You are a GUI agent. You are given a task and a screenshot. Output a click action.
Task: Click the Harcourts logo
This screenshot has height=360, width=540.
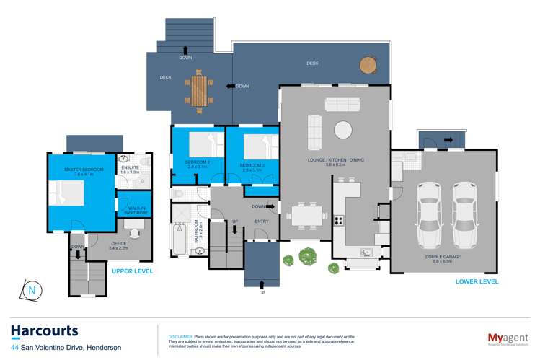pyautogui.click(x=44, y=331)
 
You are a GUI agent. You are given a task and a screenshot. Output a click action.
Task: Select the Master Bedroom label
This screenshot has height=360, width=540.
pyautogui.click(x=84, y=171)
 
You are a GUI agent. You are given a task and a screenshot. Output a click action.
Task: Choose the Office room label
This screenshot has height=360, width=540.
pyautogui.click(x=118, y=246)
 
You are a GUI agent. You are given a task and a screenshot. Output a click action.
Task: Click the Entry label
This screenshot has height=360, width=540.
pyautogui.click(x=261, y=221)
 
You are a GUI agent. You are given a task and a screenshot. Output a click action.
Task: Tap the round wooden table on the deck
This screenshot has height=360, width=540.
pyautogui.click(x=368, y=64)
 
